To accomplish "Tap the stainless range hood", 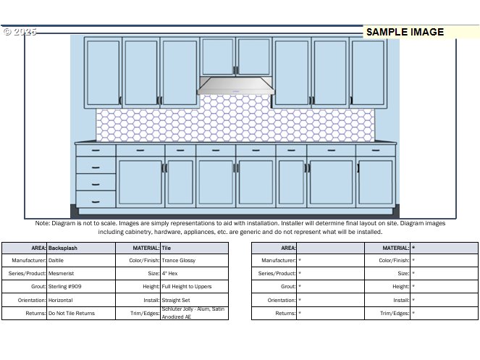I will (237, 86).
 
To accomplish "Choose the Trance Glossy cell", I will (179, 260).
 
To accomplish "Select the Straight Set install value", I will (175, 300).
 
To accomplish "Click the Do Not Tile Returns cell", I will (71, 314).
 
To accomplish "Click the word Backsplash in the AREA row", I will (63, 248).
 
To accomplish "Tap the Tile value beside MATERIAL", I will (166, 248).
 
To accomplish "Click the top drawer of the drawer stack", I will (96, 151).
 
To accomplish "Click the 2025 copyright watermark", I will (20, 32).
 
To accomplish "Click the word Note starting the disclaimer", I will (42, 223).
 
